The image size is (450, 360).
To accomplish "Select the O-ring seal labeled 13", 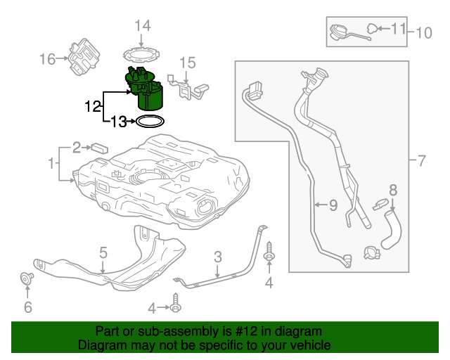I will pos(150,122).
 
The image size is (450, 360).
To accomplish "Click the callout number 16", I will pos(47,59).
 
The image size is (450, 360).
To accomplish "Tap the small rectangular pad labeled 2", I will pos(98,148).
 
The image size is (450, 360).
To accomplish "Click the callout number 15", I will pos(186,63).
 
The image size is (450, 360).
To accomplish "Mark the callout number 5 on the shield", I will pos(103,252).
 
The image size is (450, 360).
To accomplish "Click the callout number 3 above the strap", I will pos(218,257).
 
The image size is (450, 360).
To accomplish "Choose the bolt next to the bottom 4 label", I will pos(175,307).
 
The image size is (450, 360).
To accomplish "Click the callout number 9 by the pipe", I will pos(333,205).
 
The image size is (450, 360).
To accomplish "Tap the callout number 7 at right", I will pos(421,161).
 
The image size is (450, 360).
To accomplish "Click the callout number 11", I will pos(398,29).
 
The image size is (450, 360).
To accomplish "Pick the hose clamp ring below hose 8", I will pos(370,251).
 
